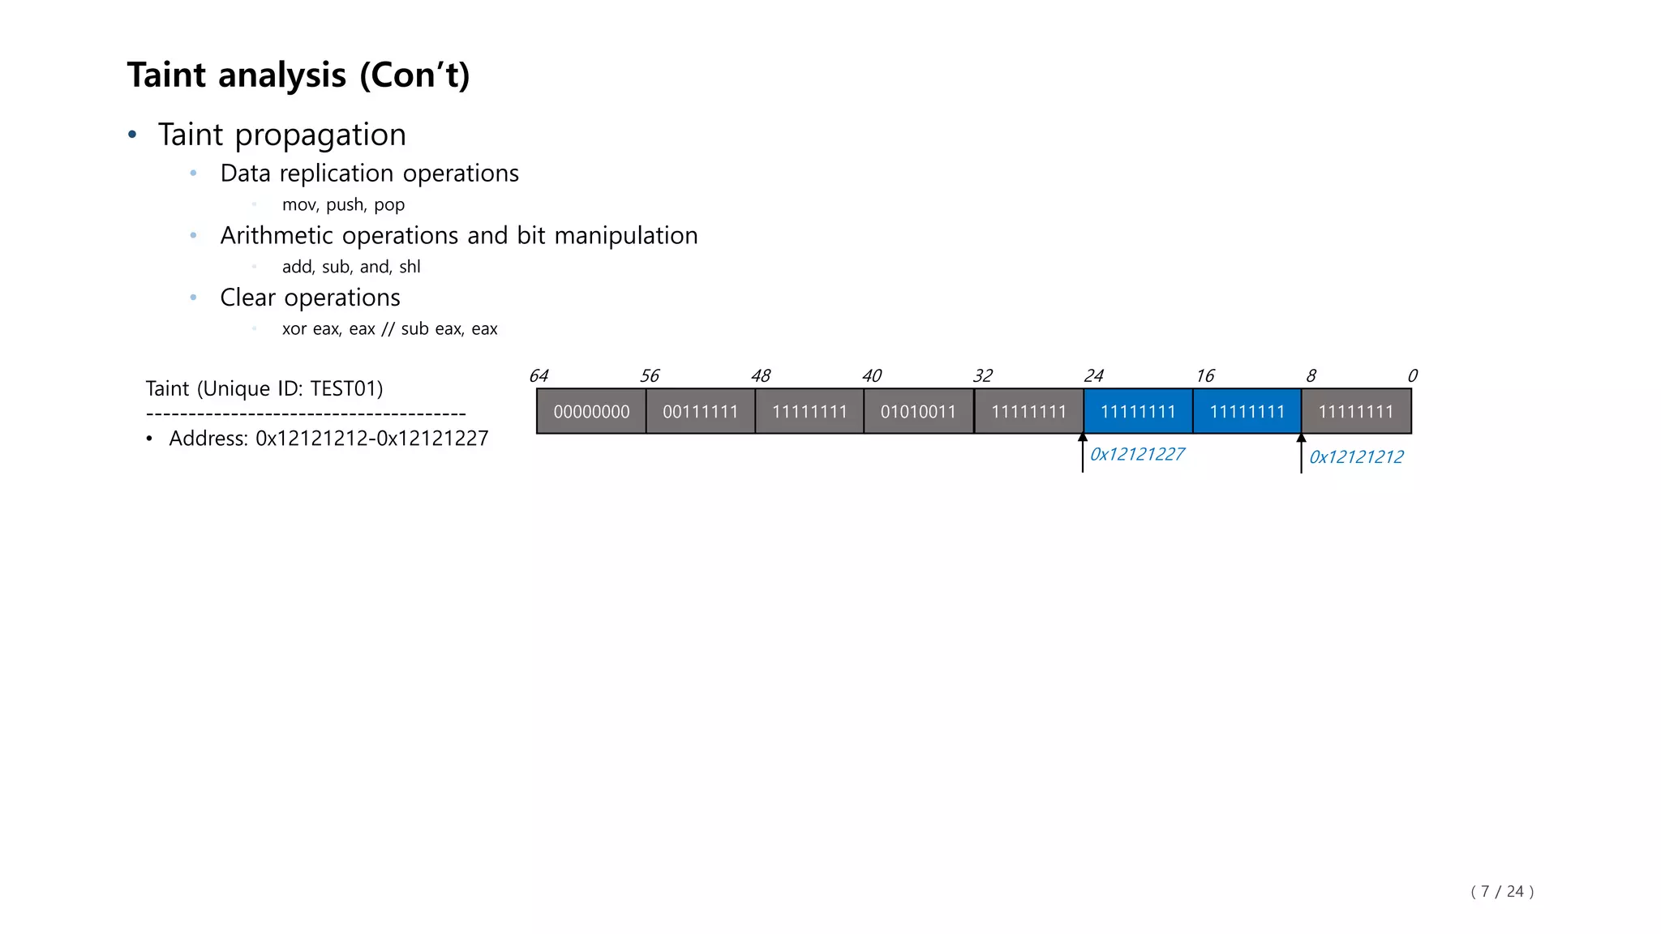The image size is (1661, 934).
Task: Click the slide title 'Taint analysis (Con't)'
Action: (x=298, y=75)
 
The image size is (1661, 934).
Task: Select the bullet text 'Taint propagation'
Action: (x=281, y=135)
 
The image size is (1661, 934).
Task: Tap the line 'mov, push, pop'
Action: (x=343, y=205)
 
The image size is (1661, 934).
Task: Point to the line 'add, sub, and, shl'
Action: (x=350, y=267)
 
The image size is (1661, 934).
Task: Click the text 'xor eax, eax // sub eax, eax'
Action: (x=389, y=329)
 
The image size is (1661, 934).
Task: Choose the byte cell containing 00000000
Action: (x=591, y=412)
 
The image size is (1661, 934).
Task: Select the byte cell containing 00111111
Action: (x=700, y=412)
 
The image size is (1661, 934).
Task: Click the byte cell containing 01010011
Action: (x=918, y=412)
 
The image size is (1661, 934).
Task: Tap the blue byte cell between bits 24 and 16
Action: (x=1138, y=412)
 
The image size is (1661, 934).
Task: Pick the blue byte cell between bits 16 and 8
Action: (x=1247, y=412)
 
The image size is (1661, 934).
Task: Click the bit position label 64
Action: (x=539, y=376)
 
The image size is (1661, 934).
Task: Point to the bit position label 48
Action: (x=761, y=376)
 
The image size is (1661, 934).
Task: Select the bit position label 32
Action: (x=982, y=376)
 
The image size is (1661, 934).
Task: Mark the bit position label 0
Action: (x=1412, y=376)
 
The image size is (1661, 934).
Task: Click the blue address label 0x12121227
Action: (x=1137, y=454)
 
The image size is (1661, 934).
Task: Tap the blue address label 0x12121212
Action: (x=1356, y=457)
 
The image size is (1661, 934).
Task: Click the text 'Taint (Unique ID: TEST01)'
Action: (x=264, y=389)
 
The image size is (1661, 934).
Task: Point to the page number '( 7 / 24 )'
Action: (x=1502, y=892)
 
